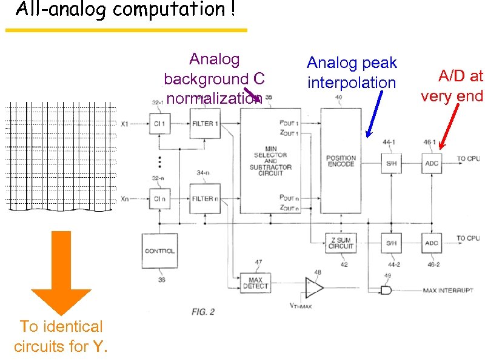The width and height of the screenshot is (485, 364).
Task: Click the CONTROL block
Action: pos(160,251)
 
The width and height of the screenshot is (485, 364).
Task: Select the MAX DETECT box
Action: pos(255,283)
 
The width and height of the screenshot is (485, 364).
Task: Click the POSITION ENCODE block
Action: pos(341,161)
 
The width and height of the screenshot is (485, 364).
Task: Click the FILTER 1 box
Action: pos(204,124)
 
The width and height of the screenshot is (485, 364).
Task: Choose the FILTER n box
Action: pos(204,198)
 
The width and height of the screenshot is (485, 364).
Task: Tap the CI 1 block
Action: pos(160,124)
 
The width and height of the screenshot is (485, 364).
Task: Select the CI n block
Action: pos(160,198)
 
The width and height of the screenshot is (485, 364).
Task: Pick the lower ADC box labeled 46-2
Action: pos(432,243)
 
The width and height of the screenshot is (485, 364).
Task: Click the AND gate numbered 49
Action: pos(386,291)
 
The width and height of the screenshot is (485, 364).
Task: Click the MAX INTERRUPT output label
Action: pos(448,291)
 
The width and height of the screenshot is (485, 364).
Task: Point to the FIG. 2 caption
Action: pos(203,312)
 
